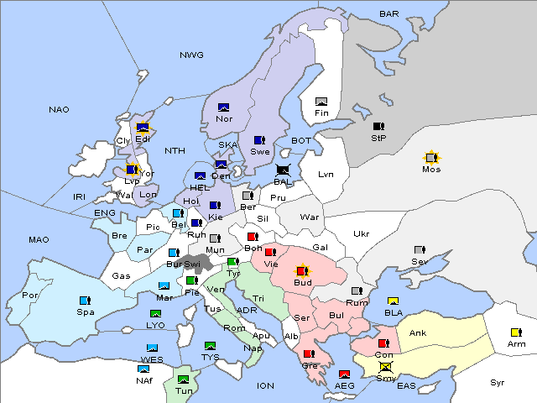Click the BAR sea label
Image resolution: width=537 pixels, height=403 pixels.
pos(389,14)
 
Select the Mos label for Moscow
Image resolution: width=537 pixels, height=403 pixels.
pos(431,169)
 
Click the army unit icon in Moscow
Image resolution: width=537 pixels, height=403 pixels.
pos(431,157)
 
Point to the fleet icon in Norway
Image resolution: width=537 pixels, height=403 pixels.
pos(224,107)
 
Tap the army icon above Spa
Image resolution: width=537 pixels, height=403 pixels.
pos(85,300)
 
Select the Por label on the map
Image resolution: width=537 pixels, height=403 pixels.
pos(31,296)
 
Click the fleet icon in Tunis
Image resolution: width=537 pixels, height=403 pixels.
pos(184,379)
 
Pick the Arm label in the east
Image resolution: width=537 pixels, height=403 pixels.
pos(517,343)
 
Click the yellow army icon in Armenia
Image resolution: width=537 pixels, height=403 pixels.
pos(516,332)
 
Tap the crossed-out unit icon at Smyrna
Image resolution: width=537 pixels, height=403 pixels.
pos(385,366)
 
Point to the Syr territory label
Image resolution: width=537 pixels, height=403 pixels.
pos(498,382)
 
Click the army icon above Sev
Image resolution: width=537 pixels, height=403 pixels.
pos(420,250)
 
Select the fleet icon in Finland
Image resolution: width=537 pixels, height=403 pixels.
pos(321,102)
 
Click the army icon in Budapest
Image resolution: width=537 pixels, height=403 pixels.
pos(302,271)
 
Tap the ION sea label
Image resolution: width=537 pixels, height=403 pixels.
pos(265,385)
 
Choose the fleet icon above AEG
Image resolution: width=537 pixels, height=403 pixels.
pos(344,374)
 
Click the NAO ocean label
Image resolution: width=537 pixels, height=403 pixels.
pos(59,110)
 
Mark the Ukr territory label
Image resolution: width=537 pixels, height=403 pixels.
pos(361,233)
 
